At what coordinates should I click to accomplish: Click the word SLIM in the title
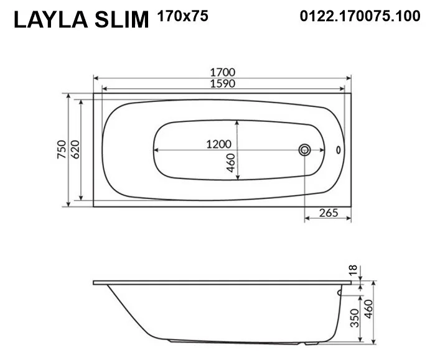pyautogui.click(x=122, y=20)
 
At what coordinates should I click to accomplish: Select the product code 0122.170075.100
pyautogui.click(x=352, y=17)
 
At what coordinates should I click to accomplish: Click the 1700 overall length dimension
pyautogui.click(x=223, y=72)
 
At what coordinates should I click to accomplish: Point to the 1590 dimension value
pyautogui.click(x=223, y=83)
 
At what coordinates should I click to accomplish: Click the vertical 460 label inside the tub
pyautogui.click(x=231, y=164)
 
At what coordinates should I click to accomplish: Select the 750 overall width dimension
pyautogui.click(x=61, y=150)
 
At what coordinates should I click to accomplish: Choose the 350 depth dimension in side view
pyautogui.click(x=353, y=318)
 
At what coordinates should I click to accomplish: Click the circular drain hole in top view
pyautogui.click(x=305, y=150)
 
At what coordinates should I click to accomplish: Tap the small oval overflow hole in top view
pyautogui.click(x=339, y=150)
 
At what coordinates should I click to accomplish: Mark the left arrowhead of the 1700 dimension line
pyautogui.click(x=95, y=78)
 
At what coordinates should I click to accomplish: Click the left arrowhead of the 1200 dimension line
pyautogui.click(x=156, y=150)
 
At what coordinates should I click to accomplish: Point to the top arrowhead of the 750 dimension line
pyautogui.click(x=68, y=97)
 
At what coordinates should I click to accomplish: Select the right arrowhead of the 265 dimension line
pyautogui.click(x=349, y=219)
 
